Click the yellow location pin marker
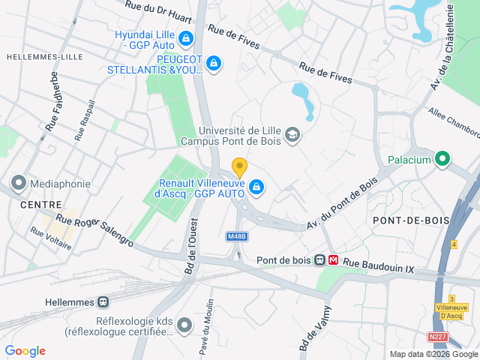point(239,168)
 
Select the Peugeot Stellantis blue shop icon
point(214,64)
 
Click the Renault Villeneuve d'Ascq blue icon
point(256,187)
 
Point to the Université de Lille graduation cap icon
point(292,136)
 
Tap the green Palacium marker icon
point(442,159)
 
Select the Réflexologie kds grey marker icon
point(185,325)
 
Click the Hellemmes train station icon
point(103,302)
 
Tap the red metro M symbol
point(334,260)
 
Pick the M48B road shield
point(236,236)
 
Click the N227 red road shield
point(438,337)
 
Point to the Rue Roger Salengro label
point(95,232)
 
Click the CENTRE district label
point(41,204)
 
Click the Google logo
point(25,351)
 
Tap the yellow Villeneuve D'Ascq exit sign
point(452,311)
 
